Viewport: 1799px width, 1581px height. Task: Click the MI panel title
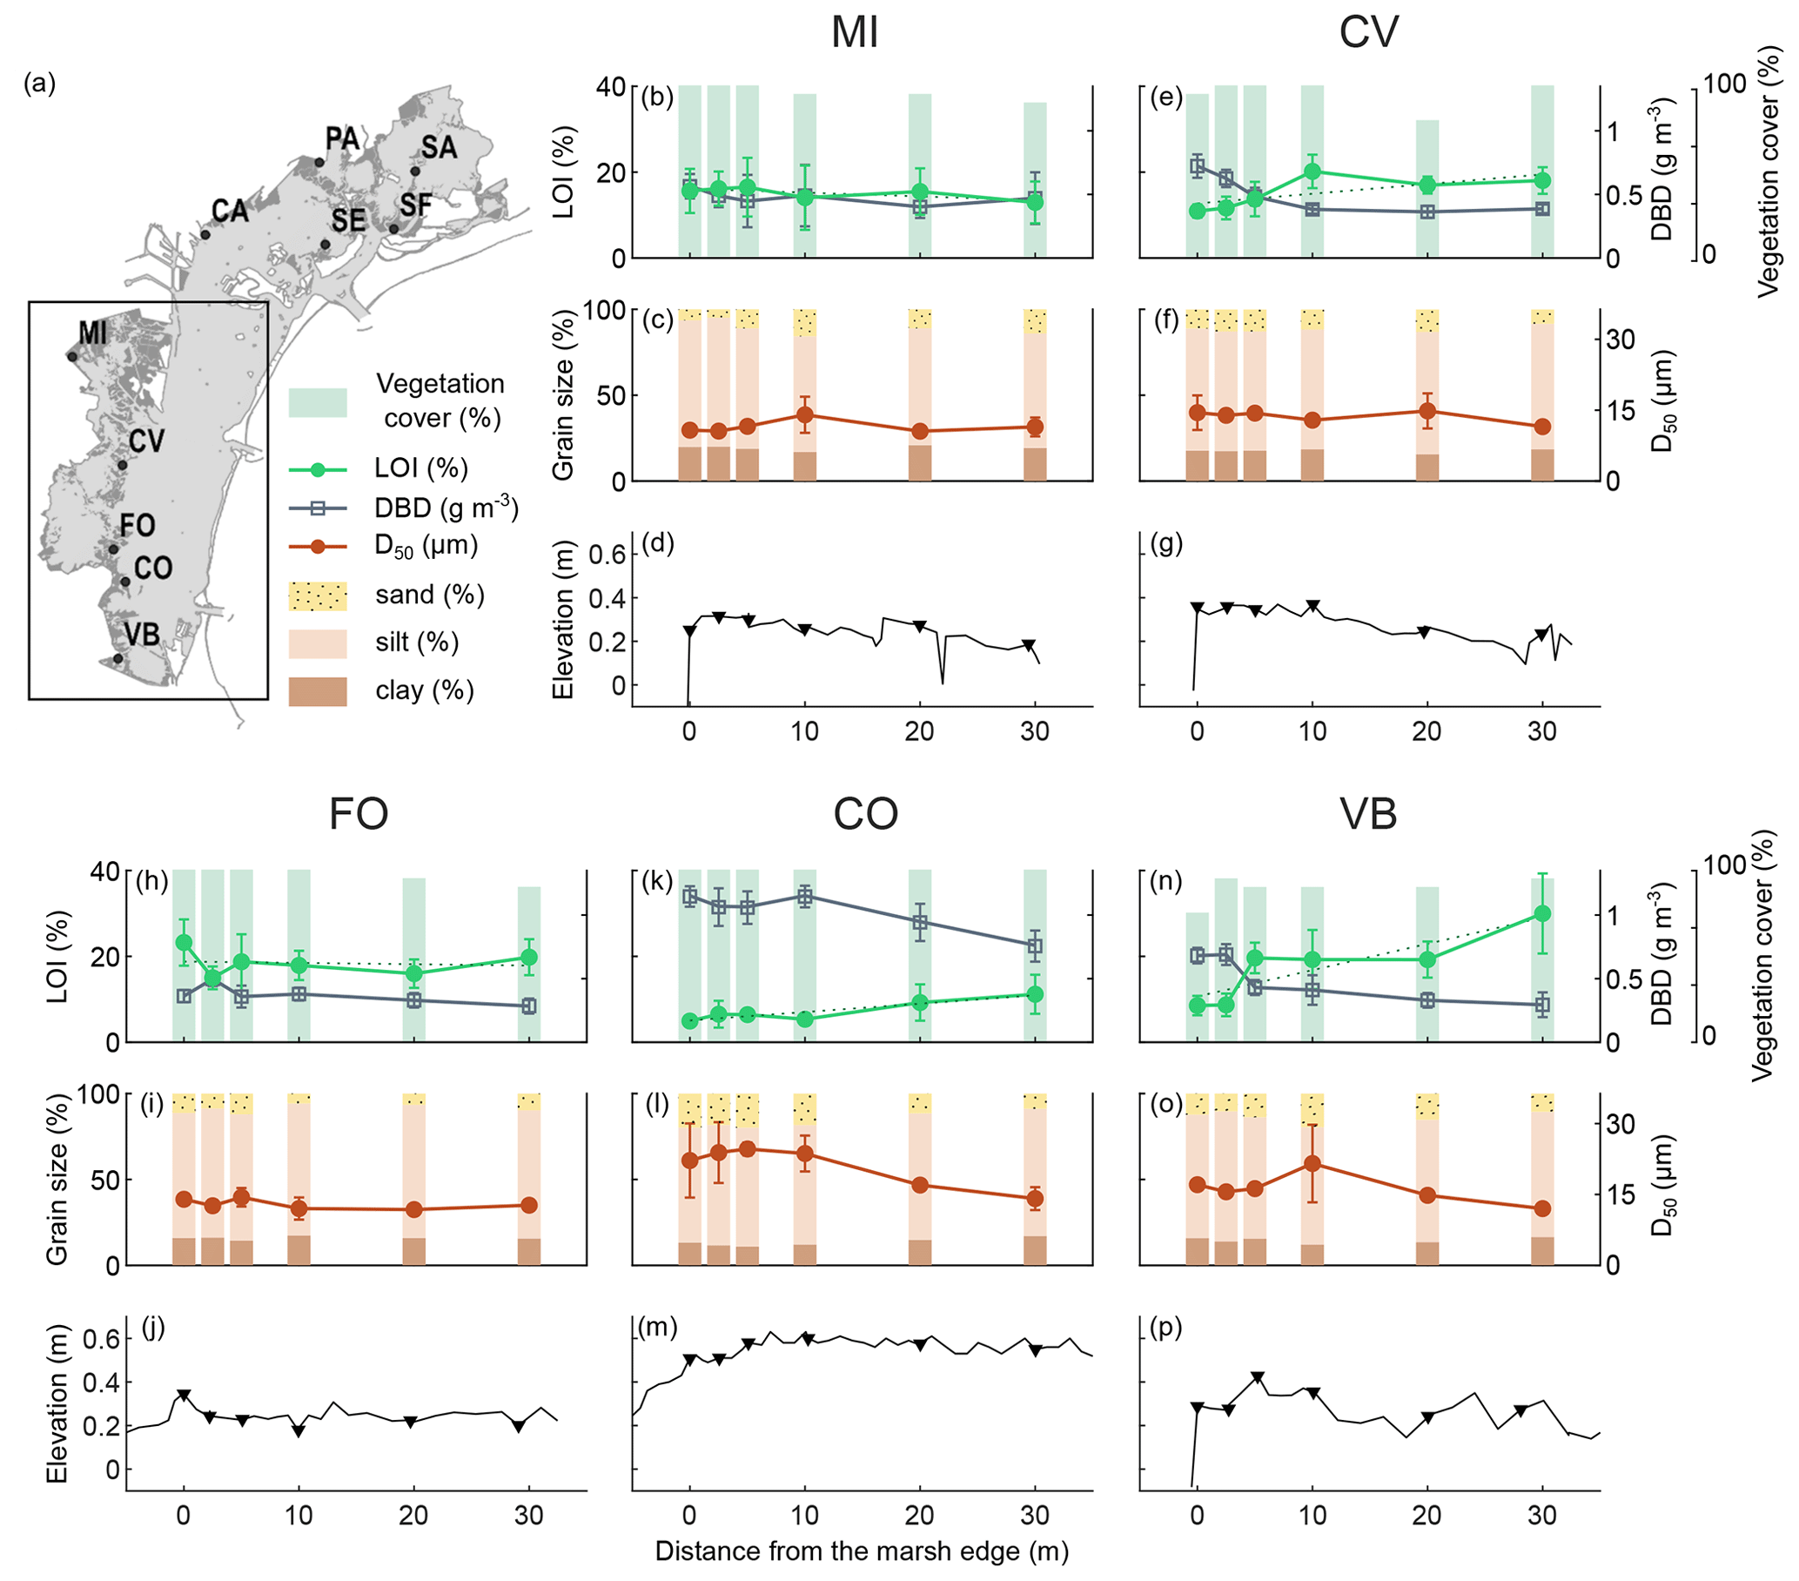pyautogui.click(x=855, y=32)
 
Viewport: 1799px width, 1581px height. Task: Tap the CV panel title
pyautogui.click(x=1368, y=32)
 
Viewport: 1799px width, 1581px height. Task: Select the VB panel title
pyautogui.click(x=1368, y=814)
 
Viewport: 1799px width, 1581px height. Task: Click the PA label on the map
pyautogui.click(x=342, y=139)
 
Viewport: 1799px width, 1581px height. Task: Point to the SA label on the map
pyautogui.click(x=439, y=147)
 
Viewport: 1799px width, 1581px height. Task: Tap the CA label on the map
pyautogui.click(x=230, y=212)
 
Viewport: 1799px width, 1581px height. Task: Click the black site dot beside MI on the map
pyautogui.click(x=72, y=357)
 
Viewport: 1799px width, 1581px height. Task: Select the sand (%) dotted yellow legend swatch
pyautogui.click(x=318, y=596)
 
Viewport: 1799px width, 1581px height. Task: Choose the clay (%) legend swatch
pyautogui.click(x=318, y=691)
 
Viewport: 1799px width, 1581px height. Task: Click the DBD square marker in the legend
pyautogui.click(x=318, y=508)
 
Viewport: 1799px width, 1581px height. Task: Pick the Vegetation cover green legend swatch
pyautogui.click(x=318, y=402)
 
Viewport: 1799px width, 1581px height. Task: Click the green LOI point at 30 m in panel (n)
pyautogui.click(x=1542, y=914)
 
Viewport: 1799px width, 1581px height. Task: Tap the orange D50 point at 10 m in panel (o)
pyautogui.click(x=1312, y=1164)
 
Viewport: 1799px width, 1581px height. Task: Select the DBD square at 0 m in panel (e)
pyautogui.click(x=1197, y=166)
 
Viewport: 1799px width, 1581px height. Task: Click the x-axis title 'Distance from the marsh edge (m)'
pyautogui.click(x=862, y=1551)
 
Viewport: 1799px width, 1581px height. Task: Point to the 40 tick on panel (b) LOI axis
pyautogui.click(x=611, y=86)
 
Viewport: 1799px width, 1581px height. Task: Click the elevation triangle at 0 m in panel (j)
pyautogui.click(x=184, y=1396)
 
